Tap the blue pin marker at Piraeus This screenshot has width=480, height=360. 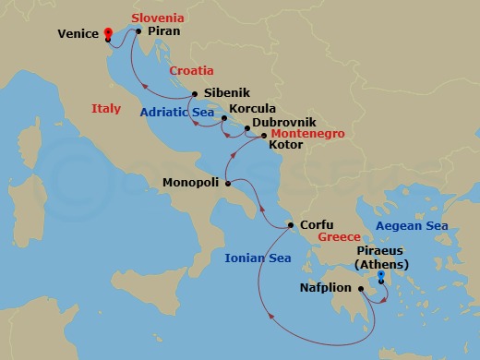pos(380,272)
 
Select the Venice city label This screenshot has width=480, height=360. pos(78,33)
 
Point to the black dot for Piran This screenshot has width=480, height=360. pos(138,31)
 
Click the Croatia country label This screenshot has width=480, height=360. pos(191,70)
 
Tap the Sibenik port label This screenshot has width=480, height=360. pos(226,93)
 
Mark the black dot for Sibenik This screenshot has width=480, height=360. pos(195,93)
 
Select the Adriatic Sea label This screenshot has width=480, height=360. pos(177,112)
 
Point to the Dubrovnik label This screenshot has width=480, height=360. pos(283,122)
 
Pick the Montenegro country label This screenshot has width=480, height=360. pos(305,134)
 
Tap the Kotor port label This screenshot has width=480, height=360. pos(285,146)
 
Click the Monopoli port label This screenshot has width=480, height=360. pos(191,183)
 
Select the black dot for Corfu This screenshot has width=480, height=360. pos(291,225)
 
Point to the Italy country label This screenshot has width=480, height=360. pos(106,109)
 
